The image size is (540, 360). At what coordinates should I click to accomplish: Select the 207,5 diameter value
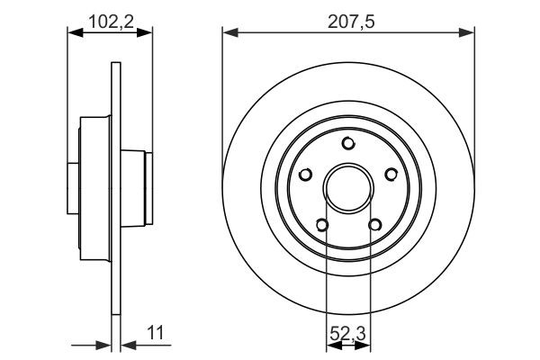click(348, 17)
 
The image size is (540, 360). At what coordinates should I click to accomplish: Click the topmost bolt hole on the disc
click(348, 141)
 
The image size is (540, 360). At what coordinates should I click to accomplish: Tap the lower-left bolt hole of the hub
click(322, 226)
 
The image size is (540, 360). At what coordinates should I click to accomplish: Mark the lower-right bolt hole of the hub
click(374, 226)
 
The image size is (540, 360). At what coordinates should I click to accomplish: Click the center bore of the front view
click(348, 188)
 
